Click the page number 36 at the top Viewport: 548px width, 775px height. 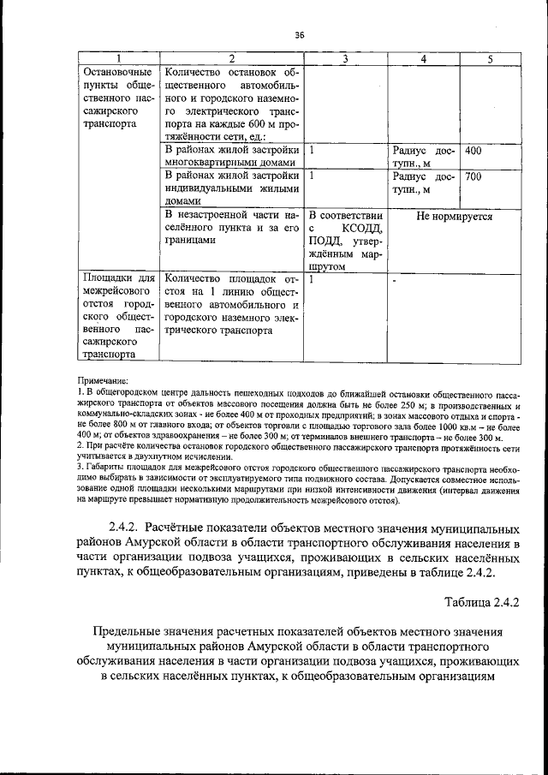(x=299, y=35)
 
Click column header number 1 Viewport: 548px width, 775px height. (x=119, y=58)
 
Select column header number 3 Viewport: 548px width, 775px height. (x=345, y=58)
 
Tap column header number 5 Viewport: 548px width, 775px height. (x=490, y=58)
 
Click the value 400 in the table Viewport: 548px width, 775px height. (x=474, y=151)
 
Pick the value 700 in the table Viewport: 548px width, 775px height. (x=474, y=176)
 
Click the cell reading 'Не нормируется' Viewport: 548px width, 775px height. (x=454, y=217)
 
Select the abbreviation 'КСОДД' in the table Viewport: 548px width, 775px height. (x=363, y=230)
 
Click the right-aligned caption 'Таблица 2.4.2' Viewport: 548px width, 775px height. (x=482, y=602)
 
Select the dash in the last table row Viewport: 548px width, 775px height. (x=395, y=281)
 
